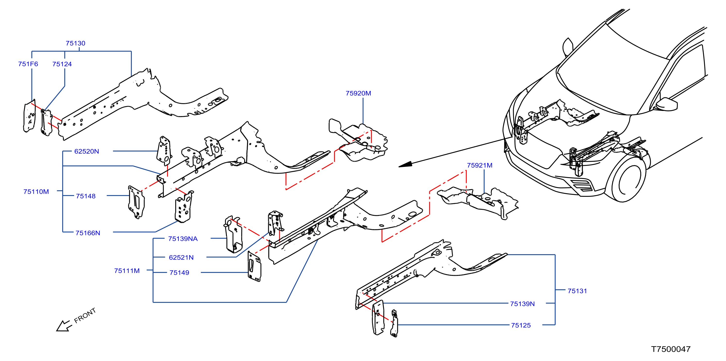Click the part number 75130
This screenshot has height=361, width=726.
[76, 43]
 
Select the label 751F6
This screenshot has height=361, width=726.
[28, 64]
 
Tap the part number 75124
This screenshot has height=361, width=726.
[62, 64]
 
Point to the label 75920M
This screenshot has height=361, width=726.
[358, 93]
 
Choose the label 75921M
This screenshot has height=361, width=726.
[480, 165]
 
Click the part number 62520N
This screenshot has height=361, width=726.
[86, 151]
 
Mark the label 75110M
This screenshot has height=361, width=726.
[36, 192]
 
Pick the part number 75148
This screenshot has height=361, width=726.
[86, 196]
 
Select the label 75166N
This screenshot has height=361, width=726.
[88, 233]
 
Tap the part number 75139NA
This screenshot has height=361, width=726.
[183, 239]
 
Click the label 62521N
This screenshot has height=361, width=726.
[181, 257]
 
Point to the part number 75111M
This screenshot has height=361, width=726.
[127, 271]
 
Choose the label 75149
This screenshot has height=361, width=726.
[179, 273]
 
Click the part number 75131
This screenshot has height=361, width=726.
[577, 291]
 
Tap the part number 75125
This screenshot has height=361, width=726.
[521, 325]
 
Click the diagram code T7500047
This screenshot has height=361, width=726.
[671, 349]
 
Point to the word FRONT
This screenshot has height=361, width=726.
[85, 315]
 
